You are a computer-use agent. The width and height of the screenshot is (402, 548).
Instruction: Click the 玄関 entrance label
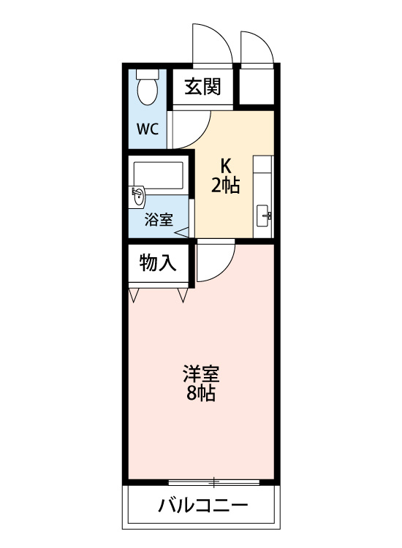click(202, 86)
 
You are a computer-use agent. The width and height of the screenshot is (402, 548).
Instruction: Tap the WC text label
click(148, 129)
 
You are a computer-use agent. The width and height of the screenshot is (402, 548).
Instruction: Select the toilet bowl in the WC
click(147, 91)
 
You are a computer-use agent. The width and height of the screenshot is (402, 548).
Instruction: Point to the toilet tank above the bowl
click(147, 73)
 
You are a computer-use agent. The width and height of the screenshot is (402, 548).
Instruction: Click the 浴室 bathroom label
click(159, 220)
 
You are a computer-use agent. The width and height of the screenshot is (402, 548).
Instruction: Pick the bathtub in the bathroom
click(159, 175)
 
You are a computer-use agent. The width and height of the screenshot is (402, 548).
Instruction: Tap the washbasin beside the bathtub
click(137, 197)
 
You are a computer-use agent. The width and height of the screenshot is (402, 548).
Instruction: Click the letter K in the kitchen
click(226, 166)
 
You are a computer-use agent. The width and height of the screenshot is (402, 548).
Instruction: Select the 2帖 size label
click(225, 186)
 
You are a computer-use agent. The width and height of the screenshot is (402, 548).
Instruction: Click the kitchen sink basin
click(264, 216)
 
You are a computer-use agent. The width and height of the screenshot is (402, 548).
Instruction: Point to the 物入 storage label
click(158, 263)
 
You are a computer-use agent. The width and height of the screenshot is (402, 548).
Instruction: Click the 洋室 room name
click(201, 374)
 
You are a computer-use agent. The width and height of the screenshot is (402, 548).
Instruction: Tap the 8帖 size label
click(201, 394)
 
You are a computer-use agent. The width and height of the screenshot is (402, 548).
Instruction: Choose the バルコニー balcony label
click(203, 505)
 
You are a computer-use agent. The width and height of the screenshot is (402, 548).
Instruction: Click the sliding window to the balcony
click(214, 483)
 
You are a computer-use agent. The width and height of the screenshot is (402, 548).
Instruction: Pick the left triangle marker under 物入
click(133, 295)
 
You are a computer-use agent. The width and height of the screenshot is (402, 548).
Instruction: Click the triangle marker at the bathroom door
click(182, 232)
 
